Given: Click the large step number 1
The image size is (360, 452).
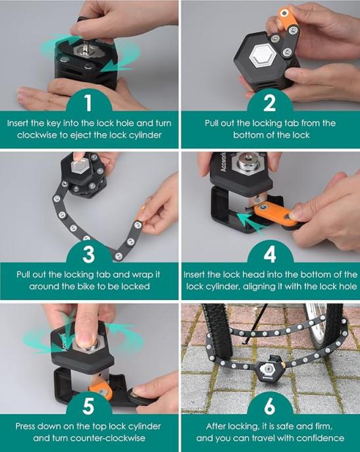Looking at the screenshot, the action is pos(88,103).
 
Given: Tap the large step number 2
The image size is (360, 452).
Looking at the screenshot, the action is pos(269,103).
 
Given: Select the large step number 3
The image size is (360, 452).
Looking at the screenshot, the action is pos(88,254).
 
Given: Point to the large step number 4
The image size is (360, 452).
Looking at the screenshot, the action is pos(270,254).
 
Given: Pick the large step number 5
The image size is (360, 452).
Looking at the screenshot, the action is pos(88,406).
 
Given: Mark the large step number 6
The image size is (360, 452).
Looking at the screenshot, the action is pos(269,406).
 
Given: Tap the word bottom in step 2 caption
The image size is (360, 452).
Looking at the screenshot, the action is pos(248,135).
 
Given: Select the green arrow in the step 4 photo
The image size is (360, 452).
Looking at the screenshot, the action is pos(250,221).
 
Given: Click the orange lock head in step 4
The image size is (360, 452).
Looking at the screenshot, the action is pos(274,213).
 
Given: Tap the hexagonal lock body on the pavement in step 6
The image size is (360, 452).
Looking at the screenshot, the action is pos(267,369).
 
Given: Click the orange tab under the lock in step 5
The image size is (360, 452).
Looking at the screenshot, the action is pos(101,389).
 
